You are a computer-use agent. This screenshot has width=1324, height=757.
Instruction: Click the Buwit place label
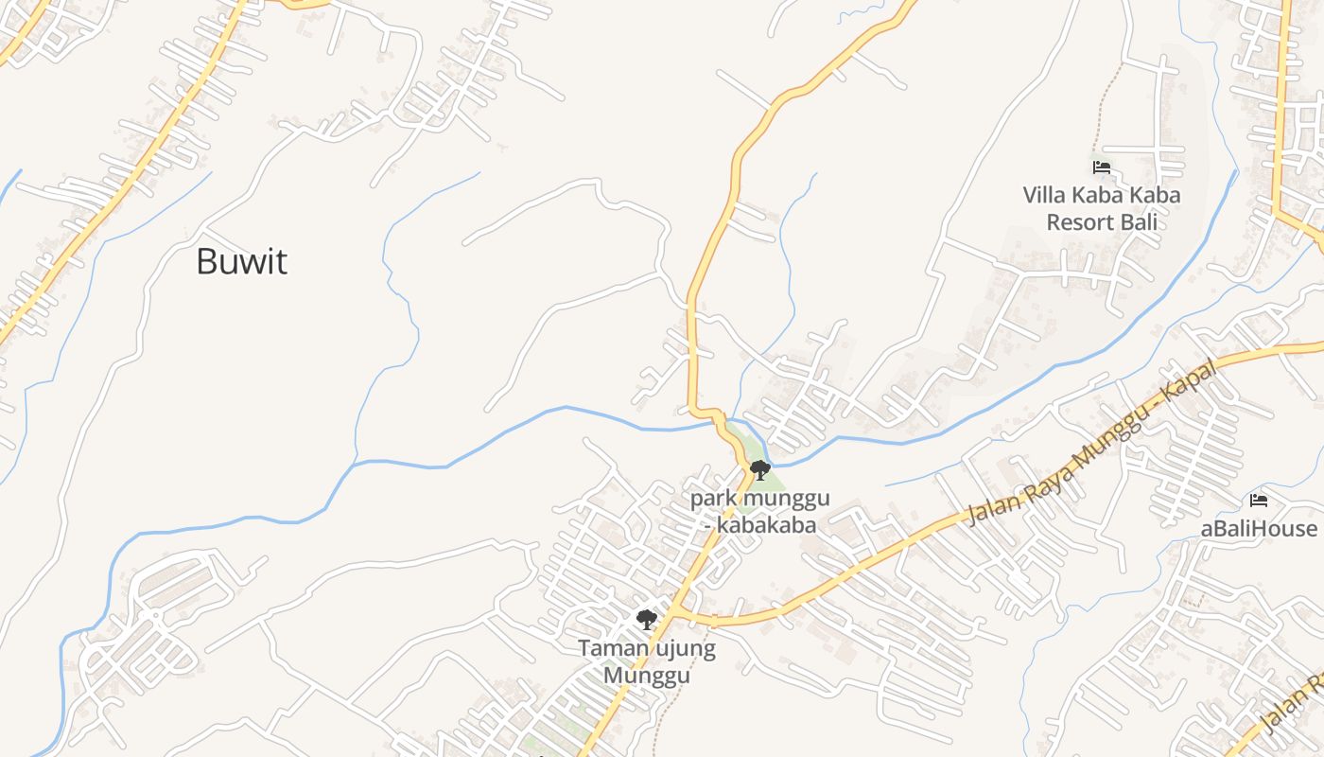(241, 261)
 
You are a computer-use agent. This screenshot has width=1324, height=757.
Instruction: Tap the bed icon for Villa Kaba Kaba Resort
(1101, 167)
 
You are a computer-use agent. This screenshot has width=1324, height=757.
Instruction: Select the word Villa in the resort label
(1045, 196)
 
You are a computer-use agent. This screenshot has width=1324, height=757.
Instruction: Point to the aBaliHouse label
(1259, 528)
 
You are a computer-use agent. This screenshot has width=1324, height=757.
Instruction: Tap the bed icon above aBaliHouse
(1258, 501)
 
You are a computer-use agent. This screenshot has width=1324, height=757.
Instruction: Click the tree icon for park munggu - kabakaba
(759, 469)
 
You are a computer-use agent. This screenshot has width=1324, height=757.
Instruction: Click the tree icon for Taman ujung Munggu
(647, 621)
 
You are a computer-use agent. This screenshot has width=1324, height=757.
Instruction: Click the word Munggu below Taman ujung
(647, 676)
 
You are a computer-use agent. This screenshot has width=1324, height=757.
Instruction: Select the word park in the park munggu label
(714, 498)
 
